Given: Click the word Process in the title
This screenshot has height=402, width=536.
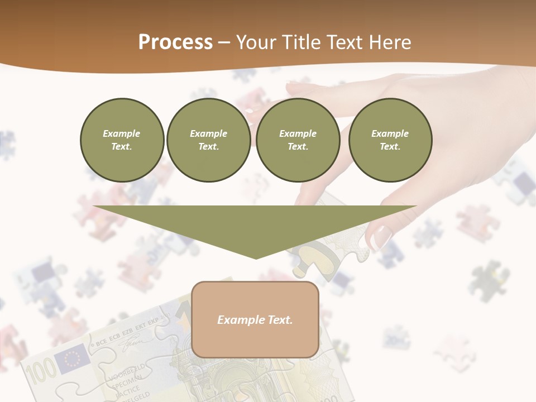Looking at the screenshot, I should [x=175, y=42].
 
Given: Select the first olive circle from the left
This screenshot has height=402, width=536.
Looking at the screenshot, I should [x=122, y=140].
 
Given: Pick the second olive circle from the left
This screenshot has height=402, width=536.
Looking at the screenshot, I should [x=208, y=140].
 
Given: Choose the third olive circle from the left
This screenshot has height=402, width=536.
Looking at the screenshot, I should [x=298, y=140].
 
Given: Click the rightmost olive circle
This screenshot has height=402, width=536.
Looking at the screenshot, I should [x=390, y=140].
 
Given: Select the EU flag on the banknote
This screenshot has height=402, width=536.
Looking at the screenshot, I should [x=74, y=357].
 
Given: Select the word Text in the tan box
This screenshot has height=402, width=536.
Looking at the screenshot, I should [x=280, y=320].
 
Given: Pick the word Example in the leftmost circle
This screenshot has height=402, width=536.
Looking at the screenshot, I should [x=122, y=133].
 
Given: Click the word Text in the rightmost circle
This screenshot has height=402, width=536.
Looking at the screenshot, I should [x=390, y=147].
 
